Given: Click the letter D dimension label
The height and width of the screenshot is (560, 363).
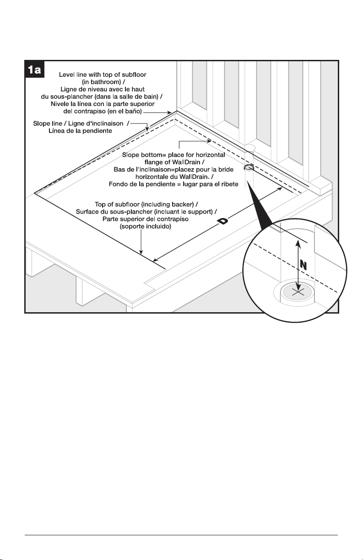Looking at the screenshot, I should point(223,221).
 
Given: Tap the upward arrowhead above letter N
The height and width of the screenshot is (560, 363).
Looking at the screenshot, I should point(298,243).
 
